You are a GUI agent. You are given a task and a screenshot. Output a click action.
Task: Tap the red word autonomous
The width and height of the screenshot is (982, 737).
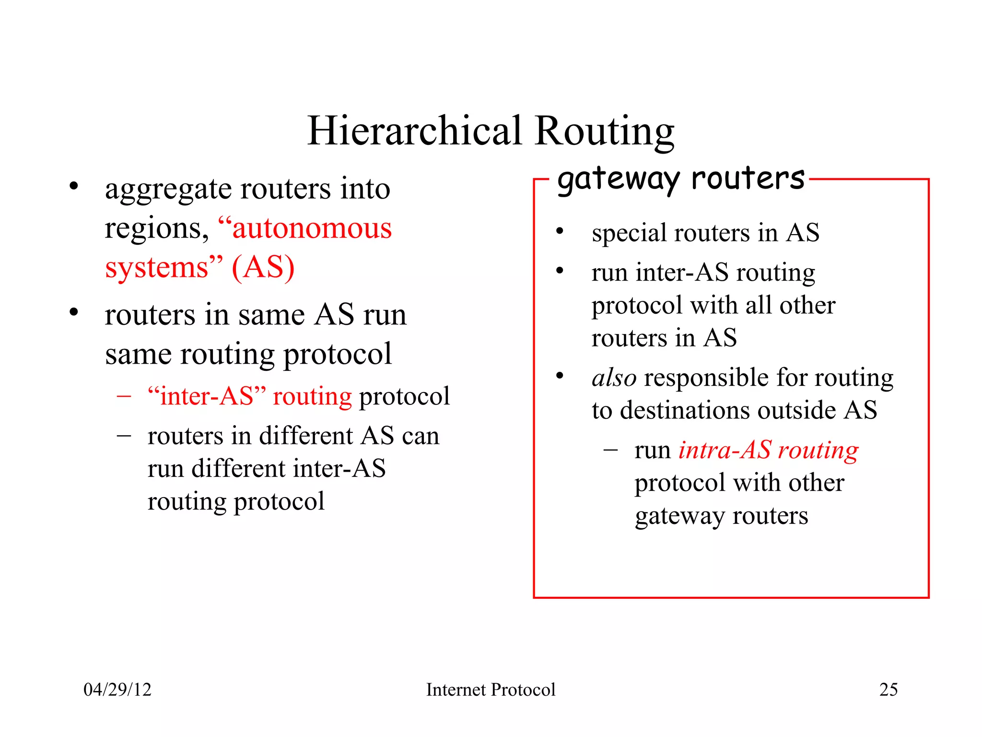coord(312,228)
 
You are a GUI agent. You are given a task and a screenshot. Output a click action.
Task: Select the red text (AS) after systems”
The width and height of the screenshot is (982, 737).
coord(263,267)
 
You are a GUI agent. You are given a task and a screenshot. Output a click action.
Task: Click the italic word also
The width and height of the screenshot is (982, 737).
coord(614,378)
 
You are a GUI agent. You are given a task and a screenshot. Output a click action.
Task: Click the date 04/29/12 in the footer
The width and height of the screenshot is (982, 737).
coord(117,689)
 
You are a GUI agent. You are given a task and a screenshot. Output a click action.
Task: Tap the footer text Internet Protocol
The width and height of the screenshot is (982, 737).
coord(491,689)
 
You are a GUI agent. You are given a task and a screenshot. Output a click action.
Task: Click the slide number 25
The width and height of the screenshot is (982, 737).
coord(888,689)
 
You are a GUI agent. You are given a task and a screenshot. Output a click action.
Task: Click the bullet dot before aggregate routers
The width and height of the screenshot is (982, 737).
coord(73,186)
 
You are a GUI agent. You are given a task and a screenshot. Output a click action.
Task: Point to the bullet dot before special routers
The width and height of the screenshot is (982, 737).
coord(560,231)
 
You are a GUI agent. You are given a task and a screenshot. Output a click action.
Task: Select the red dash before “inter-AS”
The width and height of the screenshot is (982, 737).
coord(124,397)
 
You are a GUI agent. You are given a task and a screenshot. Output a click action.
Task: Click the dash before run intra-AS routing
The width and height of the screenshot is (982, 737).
coord(610,450)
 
